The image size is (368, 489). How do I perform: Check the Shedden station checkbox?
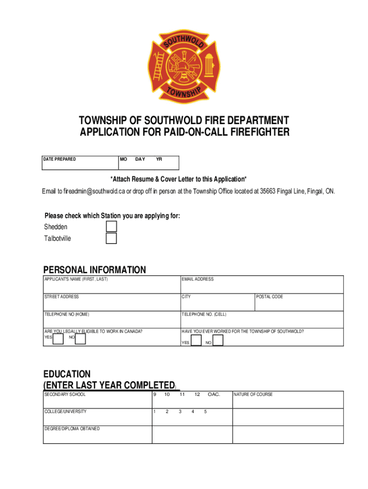111,226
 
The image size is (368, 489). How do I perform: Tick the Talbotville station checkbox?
111,238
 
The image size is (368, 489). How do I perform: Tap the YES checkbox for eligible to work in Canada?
58,339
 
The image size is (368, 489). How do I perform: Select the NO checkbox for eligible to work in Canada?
80,339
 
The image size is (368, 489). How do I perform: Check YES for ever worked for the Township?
195,340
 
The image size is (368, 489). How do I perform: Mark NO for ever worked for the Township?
217,340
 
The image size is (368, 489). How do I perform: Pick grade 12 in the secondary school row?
197,394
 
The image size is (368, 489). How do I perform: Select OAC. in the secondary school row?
213,394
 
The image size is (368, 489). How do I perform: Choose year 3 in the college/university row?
180,412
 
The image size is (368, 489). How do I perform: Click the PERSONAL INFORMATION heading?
95,270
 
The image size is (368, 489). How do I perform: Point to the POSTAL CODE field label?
270,297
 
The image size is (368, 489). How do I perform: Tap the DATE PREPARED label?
60,159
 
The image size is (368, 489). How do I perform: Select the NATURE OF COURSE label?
253,394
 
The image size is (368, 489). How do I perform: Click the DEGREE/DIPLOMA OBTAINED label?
72,429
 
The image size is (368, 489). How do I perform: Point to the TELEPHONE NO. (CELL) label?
204,314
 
